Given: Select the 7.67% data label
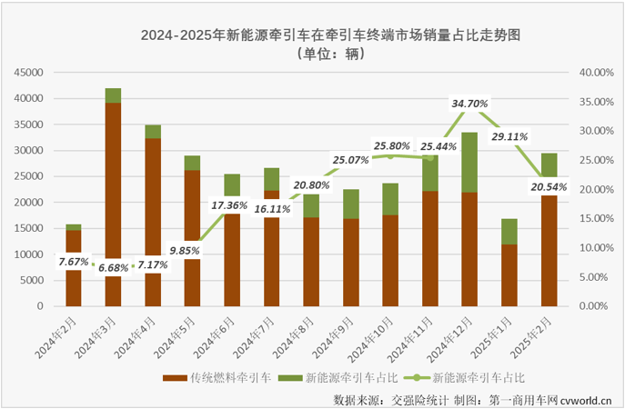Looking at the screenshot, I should click(74, 262).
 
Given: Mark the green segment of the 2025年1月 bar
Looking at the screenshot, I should click(510, 232).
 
